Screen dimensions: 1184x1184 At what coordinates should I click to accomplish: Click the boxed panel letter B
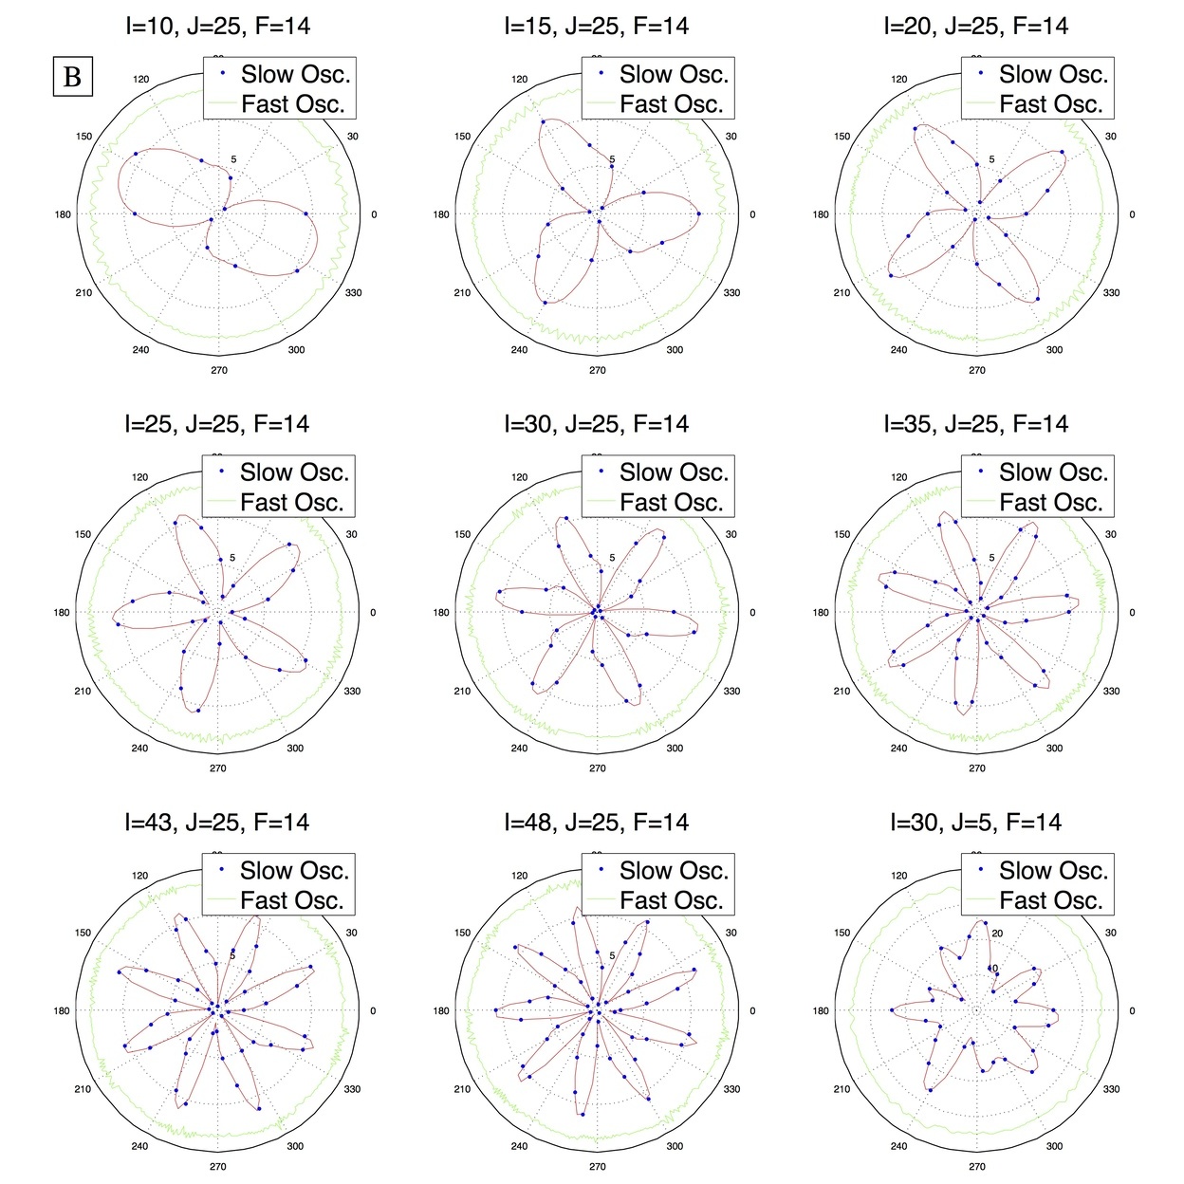[x=72, y=77]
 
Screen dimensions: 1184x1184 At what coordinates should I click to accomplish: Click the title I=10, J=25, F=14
[x=217, y=27]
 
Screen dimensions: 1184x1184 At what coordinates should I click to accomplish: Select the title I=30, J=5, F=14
[x=976, y=823]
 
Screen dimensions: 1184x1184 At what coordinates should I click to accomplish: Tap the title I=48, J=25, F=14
[x=597, y=823]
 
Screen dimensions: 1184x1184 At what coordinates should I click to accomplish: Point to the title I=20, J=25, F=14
[x=976, y=27]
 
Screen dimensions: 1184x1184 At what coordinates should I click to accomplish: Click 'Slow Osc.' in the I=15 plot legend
[x=674, y=74]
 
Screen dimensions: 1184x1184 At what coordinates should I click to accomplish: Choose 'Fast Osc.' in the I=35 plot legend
[x=1051, y=502]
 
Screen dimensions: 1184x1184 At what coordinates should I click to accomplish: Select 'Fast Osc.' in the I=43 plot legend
[x=292, y=900]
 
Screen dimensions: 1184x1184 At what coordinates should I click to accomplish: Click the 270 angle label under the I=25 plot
[x=218, y=768]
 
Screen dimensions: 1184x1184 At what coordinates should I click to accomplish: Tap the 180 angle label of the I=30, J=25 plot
[x=441, y=613]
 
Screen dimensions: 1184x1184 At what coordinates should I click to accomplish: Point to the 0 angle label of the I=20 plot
[x=1132, y=214]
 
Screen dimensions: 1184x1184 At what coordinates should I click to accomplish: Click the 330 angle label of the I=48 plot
[x=731, y=1089]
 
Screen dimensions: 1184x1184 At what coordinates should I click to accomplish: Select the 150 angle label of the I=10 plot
[x=83, y=137]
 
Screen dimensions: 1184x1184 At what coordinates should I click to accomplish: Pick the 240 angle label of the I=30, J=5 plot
[x=898, y=1146]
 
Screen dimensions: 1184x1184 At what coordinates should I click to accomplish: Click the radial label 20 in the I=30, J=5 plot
[x=997, y=934]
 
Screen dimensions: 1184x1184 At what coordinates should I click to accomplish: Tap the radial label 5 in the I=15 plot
[x=612, y=159]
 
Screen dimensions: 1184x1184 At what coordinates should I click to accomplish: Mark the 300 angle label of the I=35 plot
[x=1054, y=749]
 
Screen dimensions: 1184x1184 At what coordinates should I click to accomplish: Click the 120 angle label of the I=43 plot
[x=140, y=876]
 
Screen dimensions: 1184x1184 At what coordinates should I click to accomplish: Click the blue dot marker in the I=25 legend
[x=222, y=470]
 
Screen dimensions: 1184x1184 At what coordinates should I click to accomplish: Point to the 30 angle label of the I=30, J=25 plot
[x=731, y=534]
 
